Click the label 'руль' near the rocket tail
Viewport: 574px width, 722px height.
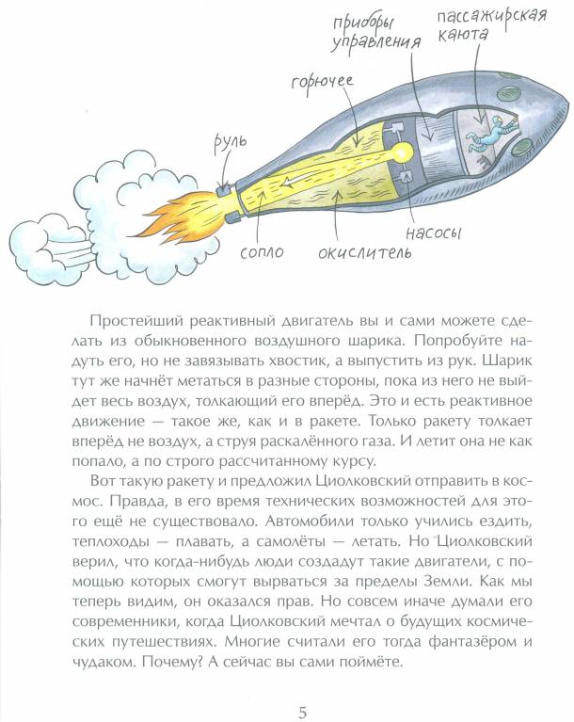[x=230, y=142]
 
